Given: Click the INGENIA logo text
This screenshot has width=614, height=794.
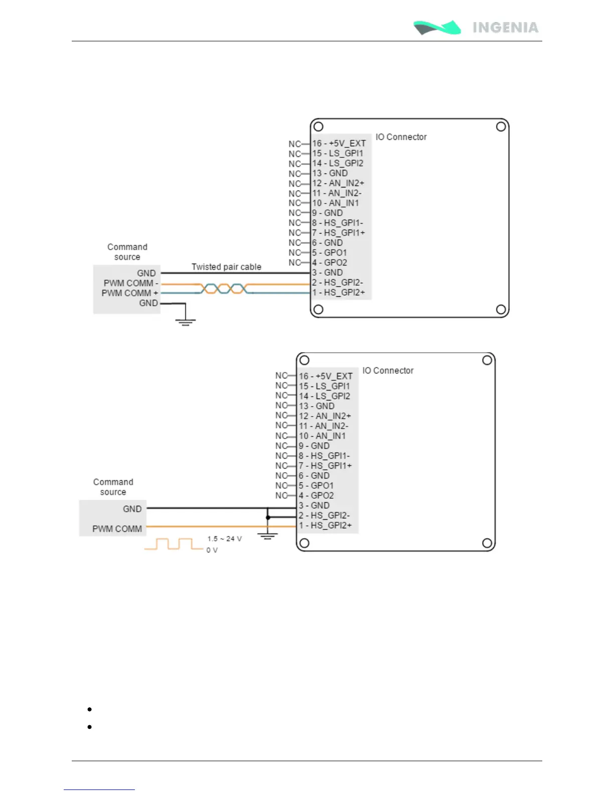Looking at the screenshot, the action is [505, 27].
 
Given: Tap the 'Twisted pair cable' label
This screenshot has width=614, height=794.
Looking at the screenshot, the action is [226, 267].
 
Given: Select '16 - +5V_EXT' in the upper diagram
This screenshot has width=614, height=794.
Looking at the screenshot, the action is [339, 143].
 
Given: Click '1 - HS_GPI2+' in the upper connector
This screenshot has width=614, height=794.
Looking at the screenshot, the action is [339, 292].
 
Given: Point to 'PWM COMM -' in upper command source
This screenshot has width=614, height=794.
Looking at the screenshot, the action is [130, 283].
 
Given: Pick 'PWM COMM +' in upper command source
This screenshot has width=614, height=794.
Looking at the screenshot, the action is [129, 293].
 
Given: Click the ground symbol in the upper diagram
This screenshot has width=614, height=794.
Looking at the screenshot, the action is [185, 321].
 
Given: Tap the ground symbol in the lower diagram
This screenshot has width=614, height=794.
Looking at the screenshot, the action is [267, 536].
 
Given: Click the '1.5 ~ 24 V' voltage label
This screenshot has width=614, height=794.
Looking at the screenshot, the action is [224, 539].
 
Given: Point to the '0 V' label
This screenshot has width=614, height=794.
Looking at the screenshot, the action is [212, 550].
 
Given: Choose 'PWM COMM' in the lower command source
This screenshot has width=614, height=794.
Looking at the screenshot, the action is [117, 529].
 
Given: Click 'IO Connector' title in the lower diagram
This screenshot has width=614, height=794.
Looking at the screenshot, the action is [388, 370].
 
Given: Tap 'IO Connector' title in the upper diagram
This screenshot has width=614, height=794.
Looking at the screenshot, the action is [401, 137].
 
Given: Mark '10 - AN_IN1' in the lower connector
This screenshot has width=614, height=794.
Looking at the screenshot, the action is [322, 436].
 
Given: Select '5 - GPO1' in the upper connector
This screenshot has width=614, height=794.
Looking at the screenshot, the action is [330, 253].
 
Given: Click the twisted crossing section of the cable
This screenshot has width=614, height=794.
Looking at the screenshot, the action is [224, 288].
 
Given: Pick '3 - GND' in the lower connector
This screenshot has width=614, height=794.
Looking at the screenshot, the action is [315, 505].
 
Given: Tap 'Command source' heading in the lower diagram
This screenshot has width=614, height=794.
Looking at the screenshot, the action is [113, 487].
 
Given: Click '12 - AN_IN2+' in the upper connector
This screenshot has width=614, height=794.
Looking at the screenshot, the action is [338, 183].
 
